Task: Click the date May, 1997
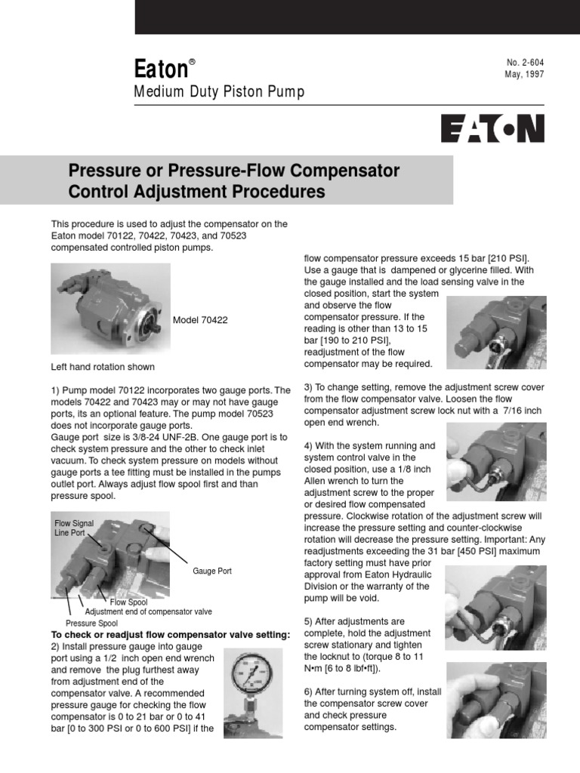(x=524, y=74)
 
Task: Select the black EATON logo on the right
(x=492, y=128)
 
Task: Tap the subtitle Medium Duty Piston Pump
(x=219, y=93)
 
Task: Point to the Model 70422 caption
(x=200, y=320)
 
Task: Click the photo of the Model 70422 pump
(x=110, y=308)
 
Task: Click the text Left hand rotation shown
(x=103, y=367)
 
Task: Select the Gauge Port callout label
(x=212, y=571)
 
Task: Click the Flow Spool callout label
(x=128, y=602)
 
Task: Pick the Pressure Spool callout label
(x=91, y=623)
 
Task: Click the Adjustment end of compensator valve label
(x=149, y=611)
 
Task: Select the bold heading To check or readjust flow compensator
(x=170, y=635)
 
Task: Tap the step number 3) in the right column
(x=308, y=386)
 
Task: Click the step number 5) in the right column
(x=308, y=621)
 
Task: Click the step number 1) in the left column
(x=56, y=390)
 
